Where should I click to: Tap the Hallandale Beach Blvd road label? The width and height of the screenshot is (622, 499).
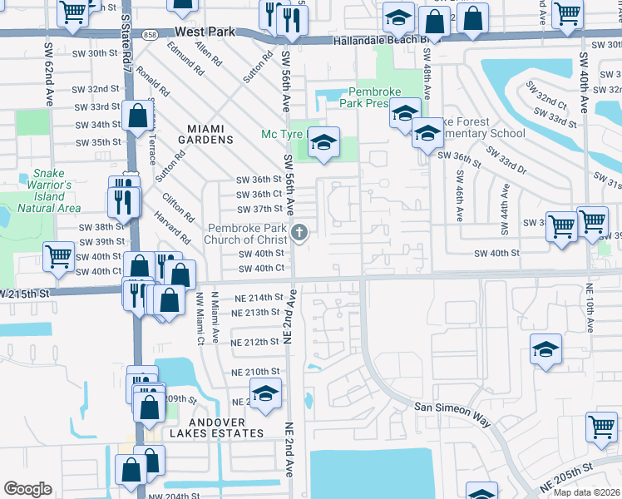(x=379, y=40)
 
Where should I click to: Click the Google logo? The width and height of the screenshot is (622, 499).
(x=27, y=489)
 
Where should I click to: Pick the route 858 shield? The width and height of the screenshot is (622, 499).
(x=149, y=34)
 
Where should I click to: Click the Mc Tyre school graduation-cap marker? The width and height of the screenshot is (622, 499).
(x=323, y=144)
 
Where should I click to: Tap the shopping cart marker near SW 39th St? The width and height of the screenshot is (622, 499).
(x=58, y=257)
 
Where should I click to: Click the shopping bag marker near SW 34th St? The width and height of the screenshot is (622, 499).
(x=136, y=116)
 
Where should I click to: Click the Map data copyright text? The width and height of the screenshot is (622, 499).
(x=586, y=492)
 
